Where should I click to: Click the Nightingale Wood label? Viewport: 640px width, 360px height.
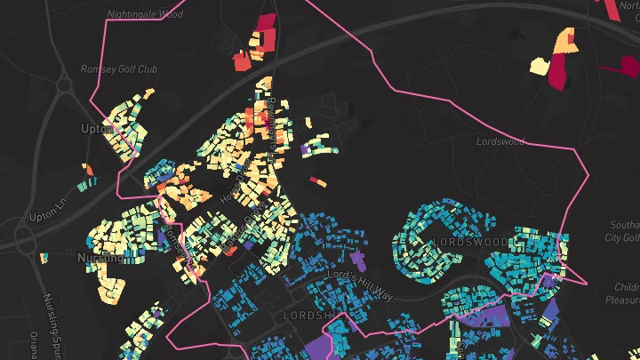[x=145, y=15]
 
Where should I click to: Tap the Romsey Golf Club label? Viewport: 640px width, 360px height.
[x=118, y=68]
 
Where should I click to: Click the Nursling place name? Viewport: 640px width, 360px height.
[x=100, y=258]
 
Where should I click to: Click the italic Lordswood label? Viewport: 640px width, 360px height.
[x=500, y=141]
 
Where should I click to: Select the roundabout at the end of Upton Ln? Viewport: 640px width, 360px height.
[x=22, y=237]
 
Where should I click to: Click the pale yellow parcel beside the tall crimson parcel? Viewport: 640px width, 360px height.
[x=539, y=65]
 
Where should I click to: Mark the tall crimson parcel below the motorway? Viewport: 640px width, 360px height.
[x=557, y=71]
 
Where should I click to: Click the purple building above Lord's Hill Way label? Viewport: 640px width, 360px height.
[x=358, y=260]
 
